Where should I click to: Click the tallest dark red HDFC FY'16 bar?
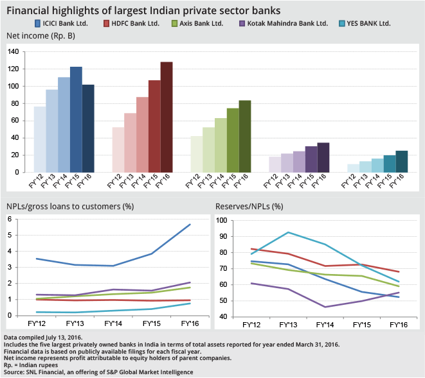click(x=167, y=117)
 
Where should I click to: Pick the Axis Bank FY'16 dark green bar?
click(x=245, y=136)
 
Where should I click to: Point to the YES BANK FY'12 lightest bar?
click(x=352, y=168)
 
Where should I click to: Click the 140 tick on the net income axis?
click(x=13, y=52)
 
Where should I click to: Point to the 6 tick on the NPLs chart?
click(x=10, y=219)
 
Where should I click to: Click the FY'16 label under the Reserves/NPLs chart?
click(x=400, y=325)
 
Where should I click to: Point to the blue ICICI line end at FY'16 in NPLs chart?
click(x=190, y=225)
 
